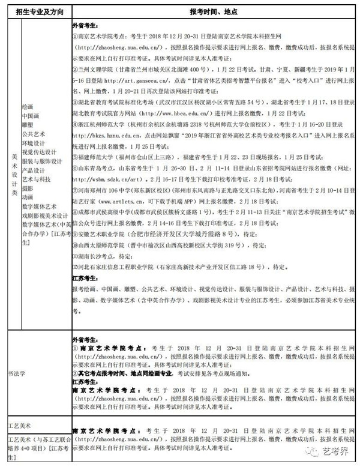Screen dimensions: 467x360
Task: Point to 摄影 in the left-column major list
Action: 28,188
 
